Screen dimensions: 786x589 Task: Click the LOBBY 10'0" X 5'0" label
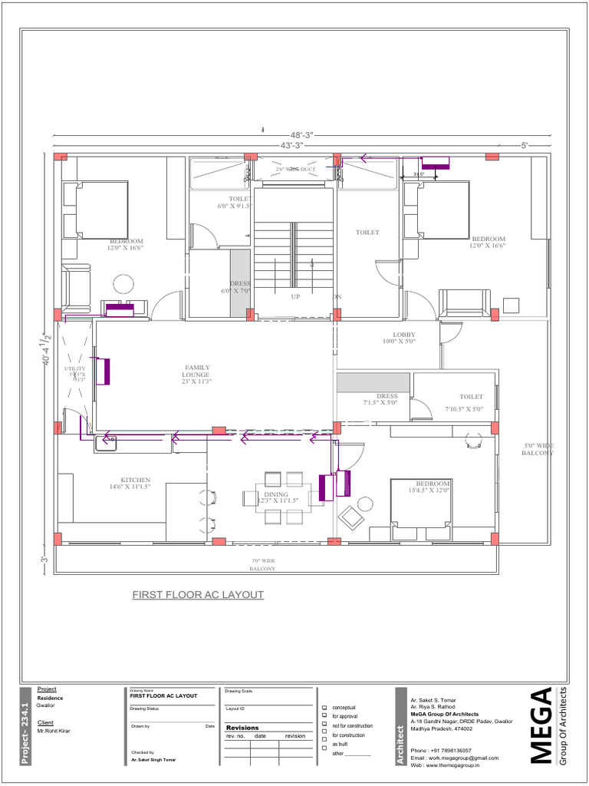tap(403, 338)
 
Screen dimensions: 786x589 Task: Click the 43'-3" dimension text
tap(291, 144)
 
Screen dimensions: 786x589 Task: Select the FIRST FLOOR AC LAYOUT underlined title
tap(198, 595)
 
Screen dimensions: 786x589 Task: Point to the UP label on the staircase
tap(295, 296)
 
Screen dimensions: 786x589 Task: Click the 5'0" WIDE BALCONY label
tap(538, 449)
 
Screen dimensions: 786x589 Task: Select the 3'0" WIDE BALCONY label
tap(263, 565)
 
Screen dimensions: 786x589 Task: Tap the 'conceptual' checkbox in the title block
tap(324, 707)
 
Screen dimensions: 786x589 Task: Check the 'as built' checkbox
tap(324, 744)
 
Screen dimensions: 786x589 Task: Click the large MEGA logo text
tap(541, 725)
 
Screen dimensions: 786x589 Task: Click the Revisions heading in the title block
tap(242, 727)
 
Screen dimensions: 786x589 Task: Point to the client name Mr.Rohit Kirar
tap(54, 731)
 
